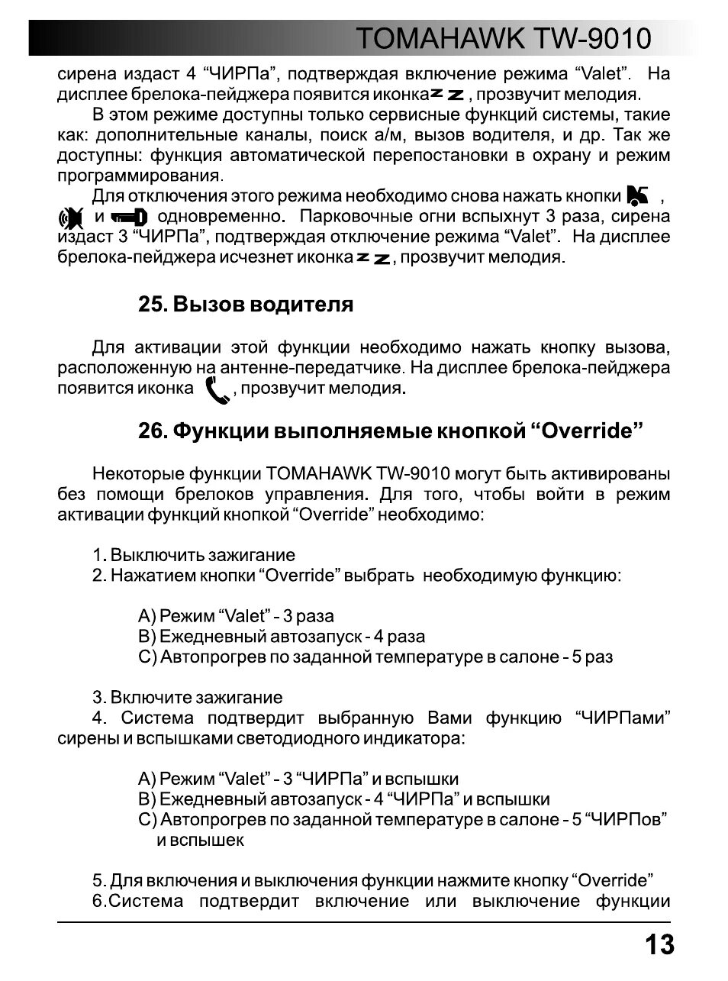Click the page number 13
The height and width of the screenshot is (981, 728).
659,945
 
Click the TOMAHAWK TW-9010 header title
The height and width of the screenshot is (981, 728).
504,38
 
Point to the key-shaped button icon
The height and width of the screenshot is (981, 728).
130,218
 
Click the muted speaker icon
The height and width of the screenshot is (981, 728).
71,218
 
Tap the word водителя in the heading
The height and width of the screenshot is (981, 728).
305,305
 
